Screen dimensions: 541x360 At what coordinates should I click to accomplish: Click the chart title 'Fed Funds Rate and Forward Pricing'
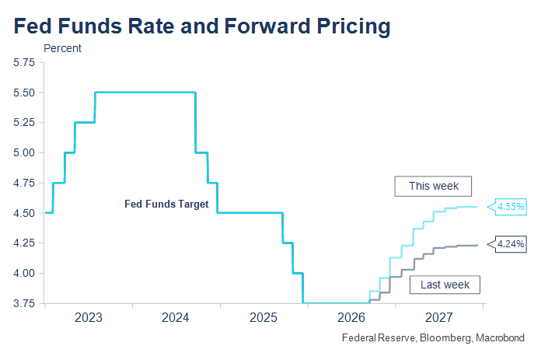coord(202,26)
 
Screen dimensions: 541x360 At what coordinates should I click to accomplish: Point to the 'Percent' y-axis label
coord(62,48)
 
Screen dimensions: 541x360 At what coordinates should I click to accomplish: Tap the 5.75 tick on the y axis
coord(24,62)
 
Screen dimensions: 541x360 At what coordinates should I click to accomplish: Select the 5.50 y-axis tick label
coord(24,93)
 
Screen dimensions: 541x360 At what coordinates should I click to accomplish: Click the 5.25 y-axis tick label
coord(24,123)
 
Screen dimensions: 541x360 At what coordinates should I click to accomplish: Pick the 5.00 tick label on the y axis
coord(24,152)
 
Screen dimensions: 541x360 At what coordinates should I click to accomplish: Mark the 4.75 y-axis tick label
coord(24,183)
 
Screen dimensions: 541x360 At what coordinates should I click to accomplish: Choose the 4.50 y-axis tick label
coord(24,213)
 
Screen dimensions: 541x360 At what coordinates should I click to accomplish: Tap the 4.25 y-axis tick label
coord(24,243)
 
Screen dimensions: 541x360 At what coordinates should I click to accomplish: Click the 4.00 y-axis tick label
coord(24,273)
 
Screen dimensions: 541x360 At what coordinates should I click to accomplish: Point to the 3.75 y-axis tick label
coord(24,303)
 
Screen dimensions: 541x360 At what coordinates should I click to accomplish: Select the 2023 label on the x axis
coord(89,317)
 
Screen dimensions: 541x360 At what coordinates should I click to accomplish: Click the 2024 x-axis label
coord(176,317)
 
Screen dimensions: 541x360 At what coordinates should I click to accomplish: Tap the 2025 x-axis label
coord(264,317)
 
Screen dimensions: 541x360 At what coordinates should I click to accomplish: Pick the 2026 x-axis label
coord(351,317)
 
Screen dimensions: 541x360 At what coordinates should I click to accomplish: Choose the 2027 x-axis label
coord(439,317)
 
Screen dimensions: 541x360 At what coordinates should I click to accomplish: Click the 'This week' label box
coord(433,187)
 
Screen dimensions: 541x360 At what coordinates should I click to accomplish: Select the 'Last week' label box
coord(445,285)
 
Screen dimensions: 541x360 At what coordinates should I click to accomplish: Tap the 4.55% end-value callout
coord(507,207)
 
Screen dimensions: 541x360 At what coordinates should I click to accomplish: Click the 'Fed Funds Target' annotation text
coord(166,204)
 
